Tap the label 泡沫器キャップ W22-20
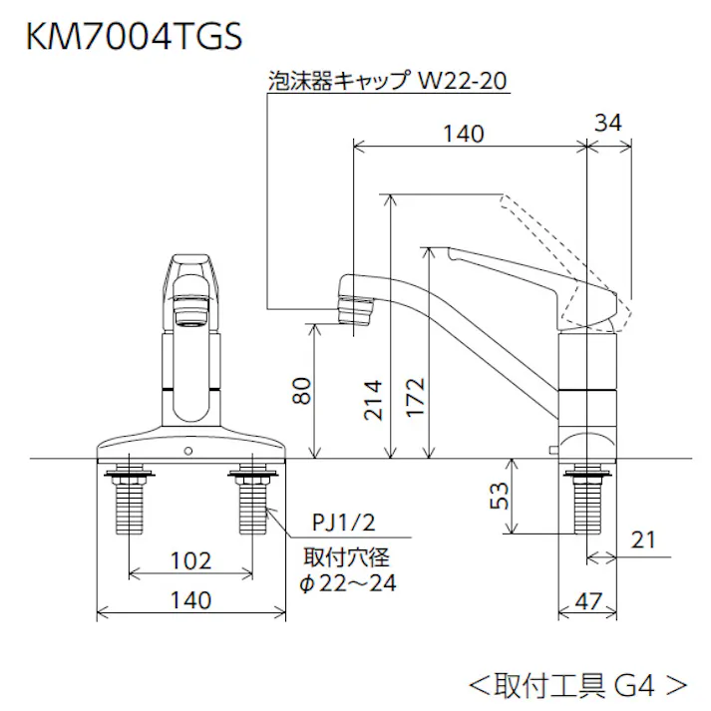pos(388,80)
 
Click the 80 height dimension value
pos(302,392)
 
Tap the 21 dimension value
pos(643,539)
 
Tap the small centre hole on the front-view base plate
pos(188,453)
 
